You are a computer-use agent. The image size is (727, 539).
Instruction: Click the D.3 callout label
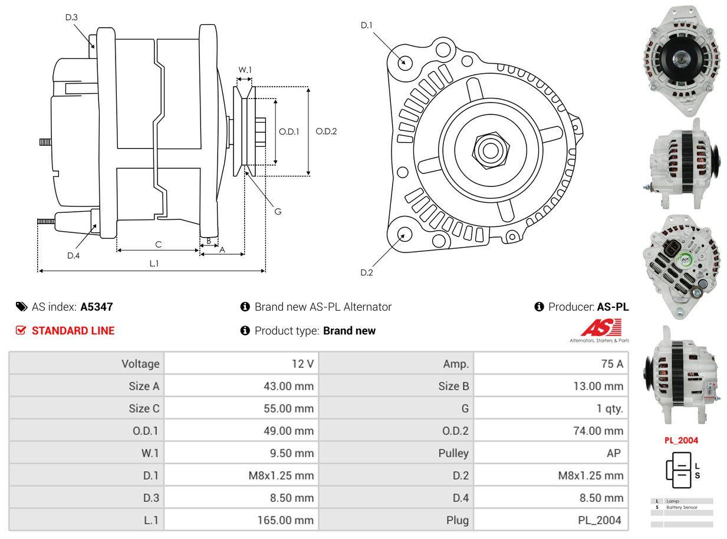tap(71, 18)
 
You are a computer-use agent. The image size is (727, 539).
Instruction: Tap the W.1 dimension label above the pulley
tap(245, 70)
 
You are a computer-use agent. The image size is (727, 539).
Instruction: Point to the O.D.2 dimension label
tap(326, 131)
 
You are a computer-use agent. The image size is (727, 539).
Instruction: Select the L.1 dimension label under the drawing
tap(153, 264)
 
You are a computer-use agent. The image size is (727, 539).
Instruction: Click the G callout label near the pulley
tap(278, 211)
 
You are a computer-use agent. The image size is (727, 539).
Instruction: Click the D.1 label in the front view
tap(367, 25)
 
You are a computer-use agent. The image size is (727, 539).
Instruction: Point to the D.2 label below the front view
tap(367, 272)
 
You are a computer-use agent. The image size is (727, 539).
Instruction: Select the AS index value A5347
tap(97, 307)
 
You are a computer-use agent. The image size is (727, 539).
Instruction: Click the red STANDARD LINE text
tap(73, 331)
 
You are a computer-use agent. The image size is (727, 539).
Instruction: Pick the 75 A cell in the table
tap(612, 364)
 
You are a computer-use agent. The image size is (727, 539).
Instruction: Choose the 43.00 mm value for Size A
tap(288, 386)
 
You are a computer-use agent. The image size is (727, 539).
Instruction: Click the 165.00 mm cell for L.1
tap(285, 520)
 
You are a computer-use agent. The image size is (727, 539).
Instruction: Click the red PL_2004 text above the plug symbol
tap(681, 440)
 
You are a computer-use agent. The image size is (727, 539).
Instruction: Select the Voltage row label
tap(140, 364)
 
